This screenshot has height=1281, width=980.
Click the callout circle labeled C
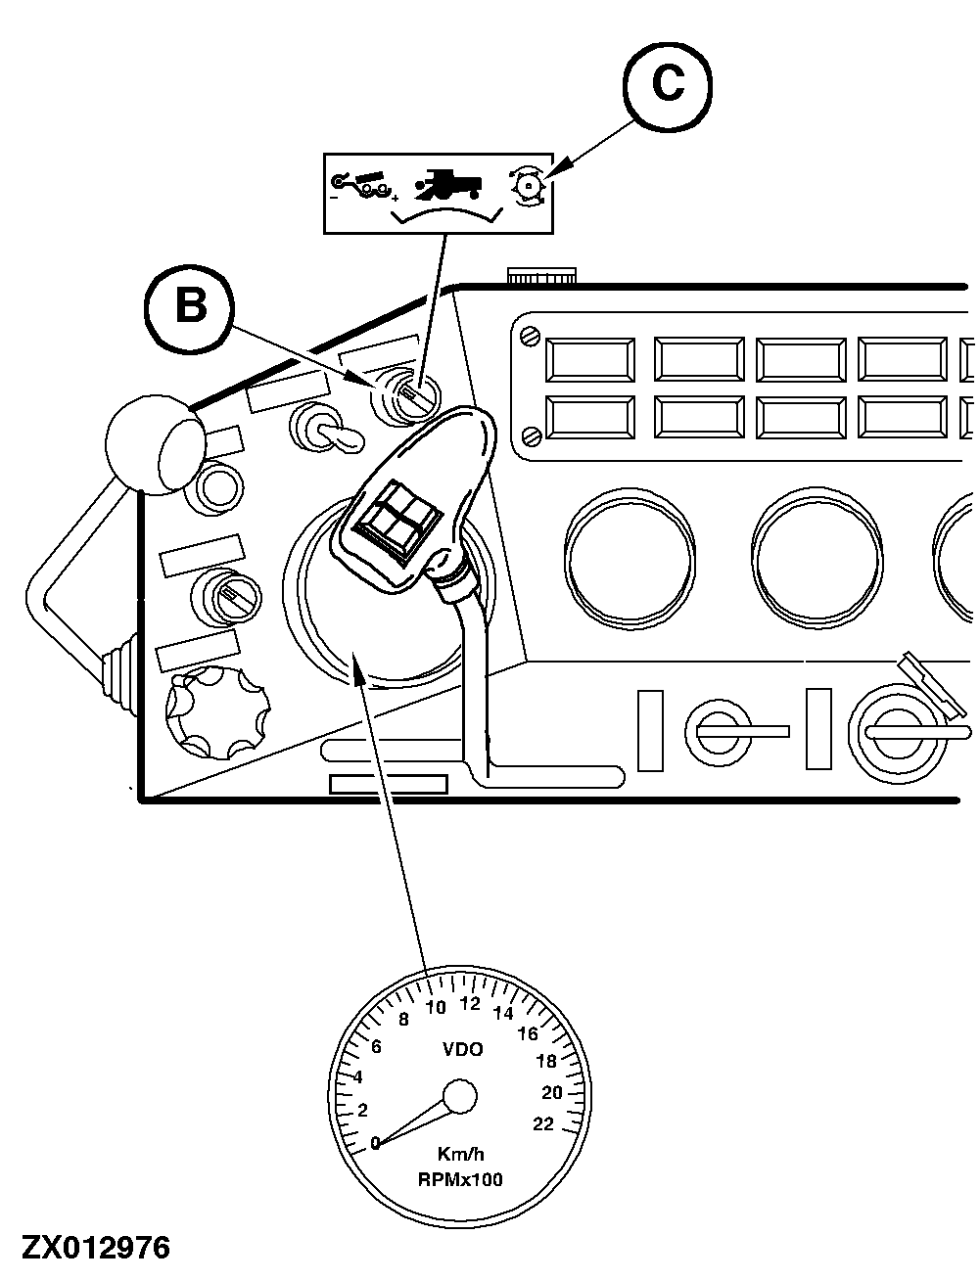[668, 86]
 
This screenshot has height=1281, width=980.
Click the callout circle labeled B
[190, 305]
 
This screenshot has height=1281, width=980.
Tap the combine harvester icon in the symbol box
[449, 184]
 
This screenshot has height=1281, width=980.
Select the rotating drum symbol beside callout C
[530, 185]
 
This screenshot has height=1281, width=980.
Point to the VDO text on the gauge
[462, 1050]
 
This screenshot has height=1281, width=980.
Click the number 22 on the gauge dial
[543, 1123]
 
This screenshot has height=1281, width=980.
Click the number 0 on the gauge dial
[375, 1142]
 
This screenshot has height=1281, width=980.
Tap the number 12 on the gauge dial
[470, 1003]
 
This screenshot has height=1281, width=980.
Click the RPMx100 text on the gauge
[460, 1179]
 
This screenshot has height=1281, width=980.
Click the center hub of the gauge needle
[459, 1096]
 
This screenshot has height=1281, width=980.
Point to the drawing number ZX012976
[96, 1248]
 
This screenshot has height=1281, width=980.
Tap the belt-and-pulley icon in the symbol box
[361, 185]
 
